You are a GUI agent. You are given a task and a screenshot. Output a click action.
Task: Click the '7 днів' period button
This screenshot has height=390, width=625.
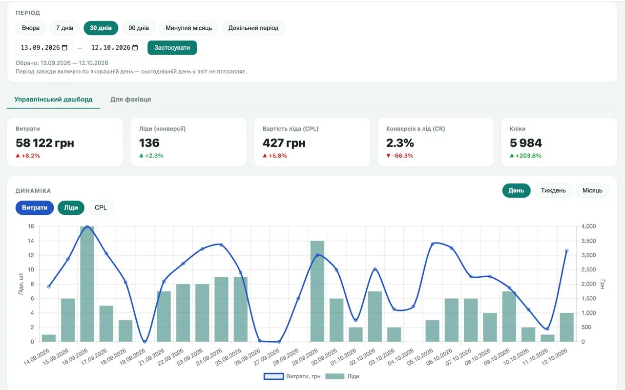pyautogui.click(x=64, y=28)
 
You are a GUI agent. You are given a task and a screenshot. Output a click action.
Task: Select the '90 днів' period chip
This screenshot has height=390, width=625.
pyautogui.click(x=138, y=28)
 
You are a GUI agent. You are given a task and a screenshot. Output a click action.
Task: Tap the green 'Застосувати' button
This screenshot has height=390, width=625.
pyautogui.click(x=172, y=48)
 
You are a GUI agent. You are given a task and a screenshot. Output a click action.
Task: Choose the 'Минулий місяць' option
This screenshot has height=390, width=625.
pyautogui.click(x=188, y=28)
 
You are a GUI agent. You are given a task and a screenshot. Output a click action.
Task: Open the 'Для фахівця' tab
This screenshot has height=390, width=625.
pyautogui.click(x=130, y=99)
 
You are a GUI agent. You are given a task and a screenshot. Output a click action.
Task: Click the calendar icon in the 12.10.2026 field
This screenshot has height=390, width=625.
pyautogui.click(x=135, y=48)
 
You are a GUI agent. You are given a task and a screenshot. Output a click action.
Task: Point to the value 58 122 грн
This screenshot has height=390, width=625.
pyautogui.click(x=45, y=143)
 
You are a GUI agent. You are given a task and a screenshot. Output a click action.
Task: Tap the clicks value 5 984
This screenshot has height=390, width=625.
pyautogui.click(x=526, y=143)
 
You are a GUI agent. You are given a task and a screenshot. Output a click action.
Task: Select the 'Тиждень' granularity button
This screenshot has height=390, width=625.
pyautogui.click(x=553, y=190)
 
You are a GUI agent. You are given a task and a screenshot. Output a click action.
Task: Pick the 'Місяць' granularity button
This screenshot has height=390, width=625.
pyautogui.click(x=592, y=190)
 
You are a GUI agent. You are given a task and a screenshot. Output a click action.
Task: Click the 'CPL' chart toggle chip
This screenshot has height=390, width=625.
pyautogui.click(x=101, y=207)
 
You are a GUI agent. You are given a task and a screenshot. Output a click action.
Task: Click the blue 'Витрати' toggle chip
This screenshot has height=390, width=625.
pyautogui.click(x=35, y=207)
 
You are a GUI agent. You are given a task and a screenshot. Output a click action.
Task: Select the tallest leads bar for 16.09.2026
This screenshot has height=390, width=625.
pyautogui.click(x=87, y=284)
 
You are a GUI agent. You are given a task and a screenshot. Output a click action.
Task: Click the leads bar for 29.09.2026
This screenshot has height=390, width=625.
pyautogui.click(x=317, y=291)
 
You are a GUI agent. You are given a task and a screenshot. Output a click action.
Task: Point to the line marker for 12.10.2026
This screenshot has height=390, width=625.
pyautogui.click(x=567, y=251)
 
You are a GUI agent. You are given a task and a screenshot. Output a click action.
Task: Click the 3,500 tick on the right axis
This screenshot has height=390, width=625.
pyautogui.click(x=588, y=241)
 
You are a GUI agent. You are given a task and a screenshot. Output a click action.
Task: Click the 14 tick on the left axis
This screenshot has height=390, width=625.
pyautogui.click(x=31, y=241)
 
